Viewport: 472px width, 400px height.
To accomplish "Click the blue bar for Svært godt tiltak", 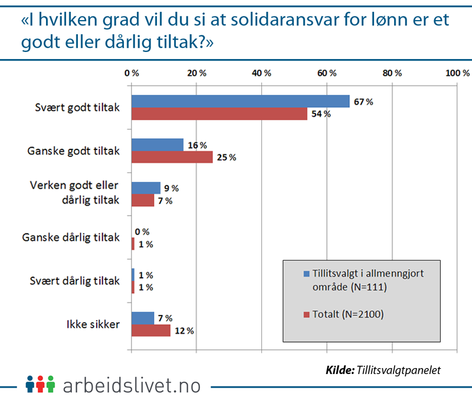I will coord(240,101).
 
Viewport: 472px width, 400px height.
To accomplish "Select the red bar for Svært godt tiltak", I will coord(219,113).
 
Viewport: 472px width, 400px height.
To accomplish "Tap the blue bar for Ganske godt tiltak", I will coord(158,145).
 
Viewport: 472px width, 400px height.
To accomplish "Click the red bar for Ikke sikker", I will coord(151,330).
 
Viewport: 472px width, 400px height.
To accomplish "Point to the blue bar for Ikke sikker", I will coord(143,318).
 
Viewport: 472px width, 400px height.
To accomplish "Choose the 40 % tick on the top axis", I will coord(261,73).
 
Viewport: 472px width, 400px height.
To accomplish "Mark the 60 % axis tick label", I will coord(326,73).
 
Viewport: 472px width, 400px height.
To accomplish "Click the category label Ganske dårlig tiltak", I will coord(71,238).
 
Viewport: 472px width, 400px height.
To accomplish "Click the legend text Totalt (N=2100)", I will coord(348,314).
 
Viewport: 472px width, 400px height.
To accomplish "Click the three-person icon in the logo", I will coord(40,385).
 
